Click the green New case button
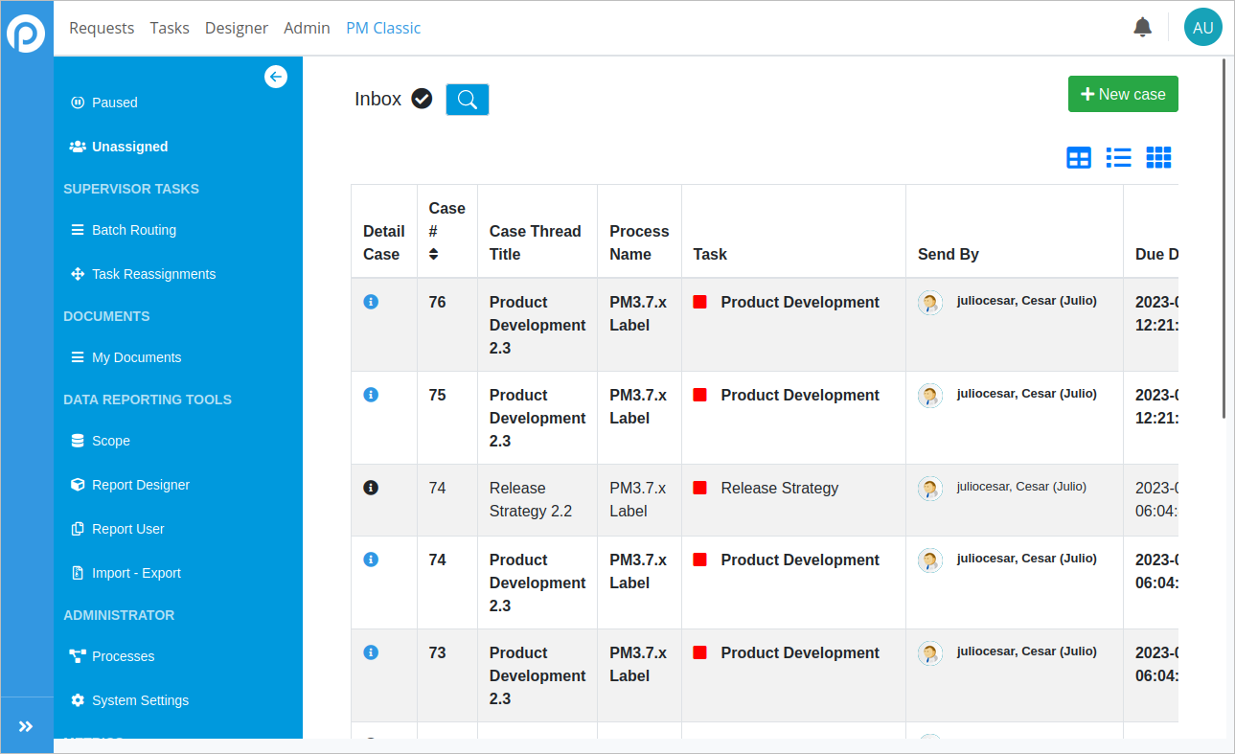(x=1123, y=94)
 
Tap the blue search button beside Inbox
(x=468, y=100)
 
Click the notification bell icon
(x=1142, y=28)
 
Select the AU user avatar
(x=1202, y=28)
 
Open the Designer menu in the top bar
(x=237, y=28)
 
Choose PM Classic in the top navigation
(x=383, y=28)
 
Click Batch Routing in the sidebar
(x=133, y=230)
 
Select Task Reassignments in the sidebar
(x=153, y=274)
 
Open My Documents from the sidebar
(x=136, y=357)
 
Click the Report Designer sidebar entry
(x=141, y=485)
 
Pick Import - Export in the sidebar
(x=136, y=573)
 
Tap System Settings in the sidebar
(x=140, y=700)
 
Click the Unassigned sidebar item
(x=129, y=147)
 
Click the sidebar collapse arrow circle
(x=276, y=77)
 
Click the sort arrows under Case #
(x=434, y=254)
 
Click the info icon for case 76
(x=372, y=302)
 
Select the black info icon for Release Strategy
(x=372, y=488)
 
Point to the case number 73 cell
(x=438, y=652)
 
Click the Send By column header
(x=949, y=254)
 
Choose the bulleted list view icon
(x=1119, y=158)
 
